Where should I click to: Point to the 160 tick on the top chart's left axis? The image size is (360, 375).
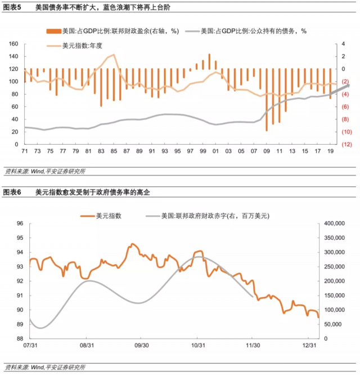14,43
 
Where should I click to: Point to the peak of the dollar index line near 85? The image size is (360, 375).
114,55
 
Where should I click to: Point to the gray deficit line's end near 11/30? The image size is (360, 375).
253,296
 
